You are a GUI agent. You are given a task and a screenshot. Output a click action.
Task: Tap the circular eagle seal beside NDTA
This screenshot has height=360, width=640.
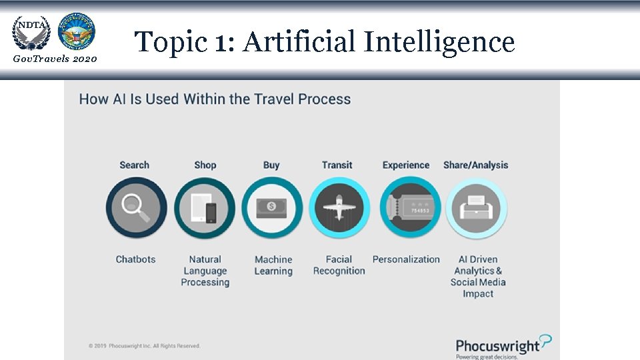(77, 31)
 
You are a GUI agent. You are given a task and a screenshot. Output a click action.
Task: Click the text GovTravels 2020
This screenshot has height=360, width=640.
(55, 59)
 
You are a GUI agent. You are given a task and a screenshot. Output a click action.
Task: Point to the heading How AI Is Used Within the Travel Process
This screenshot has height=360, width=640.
(215, 99)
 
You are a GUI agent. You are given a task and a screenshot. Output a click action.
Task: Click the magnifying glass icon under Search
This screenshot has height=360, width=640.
(136, 208)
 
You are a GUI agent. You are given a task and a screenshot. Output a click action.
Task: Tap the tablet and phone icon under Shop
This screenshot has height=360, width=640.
(205, 208)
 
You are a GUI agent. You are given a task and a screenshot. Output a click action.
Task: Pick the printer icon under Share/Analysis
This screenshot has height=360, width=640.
(476, 208)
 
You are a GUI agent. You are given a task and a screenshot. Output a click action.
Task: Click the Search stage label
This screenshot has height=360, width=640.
(135, 165)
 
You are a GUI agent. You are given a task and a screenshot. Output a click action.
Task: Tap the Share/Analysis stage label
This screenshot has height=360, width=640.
(475, 165)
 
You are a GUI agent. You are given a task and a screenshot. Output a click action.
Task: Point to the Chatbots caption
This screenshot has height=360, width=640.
(135, 259)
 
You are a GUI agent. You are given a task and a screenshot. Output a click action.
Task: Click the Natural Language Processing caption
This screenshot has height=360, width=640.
(205, 271)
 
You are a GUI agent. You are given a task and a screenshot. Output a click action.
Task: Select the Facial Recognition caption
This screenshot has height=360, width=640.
(339, 265)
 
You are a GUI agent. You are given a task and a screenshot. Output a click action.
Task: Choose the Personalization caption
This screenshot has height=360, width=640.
(406, 259)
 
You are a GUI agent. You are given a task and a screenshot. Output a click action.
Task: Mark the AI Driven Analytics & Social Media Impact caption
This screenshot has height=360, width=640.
(478, 276)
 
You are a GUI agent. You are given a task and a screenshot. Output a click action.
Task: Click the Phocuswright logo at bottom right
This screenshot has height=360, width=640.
(503, 347)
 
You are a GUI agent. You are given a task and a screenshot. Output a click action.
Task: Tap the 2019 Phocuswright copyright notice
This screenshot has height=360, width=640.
(144, 345)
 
